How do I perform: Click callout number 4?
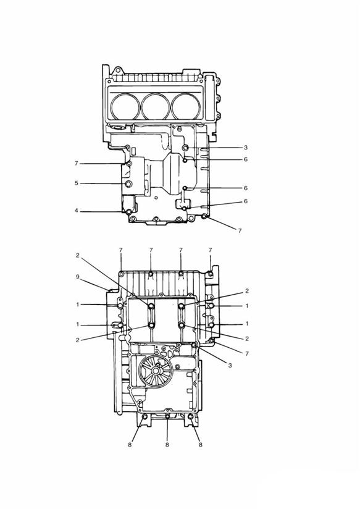point(77,211)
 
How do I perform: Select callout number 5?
point(77,183)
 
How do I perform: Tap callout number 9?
point(77,277)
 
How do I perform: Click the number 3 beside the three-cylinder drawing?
point(245,148)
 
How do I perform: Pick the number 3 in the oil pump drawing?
point(230,366)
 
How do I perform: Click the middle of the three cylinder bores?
point(157,105)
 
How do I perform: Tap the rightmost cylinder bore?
point(188,105)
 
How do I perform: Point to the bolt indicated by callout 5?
point(128,185)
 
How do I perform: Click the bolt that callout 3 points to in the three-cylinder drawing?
point(185,148)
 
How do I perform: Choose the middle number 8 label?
point(167,444)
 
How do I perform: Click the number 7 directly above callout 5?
point(77,164)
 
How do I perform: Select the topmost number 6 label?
point(245,159)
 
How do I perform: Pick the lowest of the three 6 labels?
point(245,201)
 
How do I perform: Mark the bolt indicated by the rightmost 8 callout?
point(191,419)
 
